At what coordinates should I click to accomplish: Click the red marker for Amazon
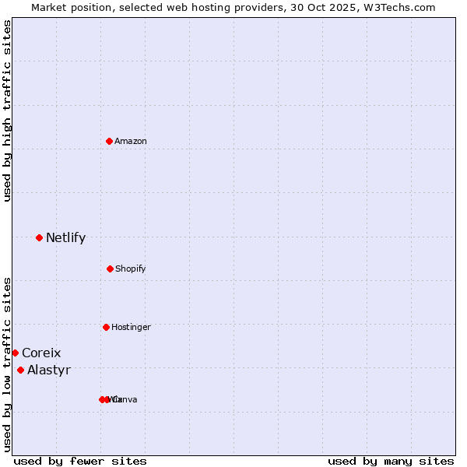pos(109,141)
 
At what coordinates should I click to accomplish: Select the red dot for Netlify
pos(39,237)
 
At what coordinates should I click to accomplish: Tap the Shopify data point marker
pos(110,269)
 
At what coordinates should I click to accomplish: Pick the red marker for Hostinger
pos(106,327)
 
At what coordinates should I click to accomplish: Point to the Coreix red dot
pos(15,353)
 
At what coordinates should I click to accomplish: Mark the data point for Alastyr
pos(20,370)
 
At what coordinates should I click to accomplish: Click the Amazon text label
pos(131,141)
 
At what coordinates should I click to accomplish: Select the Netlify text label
pos(65,237)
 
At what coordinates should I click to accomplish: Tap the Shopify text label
pos(131,269)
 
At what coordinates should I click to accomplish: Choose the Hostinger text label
pos(131,327)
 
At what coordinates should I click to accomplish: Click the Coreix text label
pos(41,353)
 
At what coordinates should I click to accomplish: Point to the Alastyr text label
pos(49,370)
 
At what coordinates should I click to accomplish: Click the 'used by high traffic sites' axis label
pos(7,111)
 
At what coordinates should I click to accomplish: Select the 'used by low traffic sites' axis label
pos(7,363)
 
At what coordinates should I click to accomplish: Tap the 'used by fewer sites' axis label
pos(80,461)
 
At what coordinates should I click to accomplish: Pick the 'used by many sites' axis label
pos(391,461)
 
